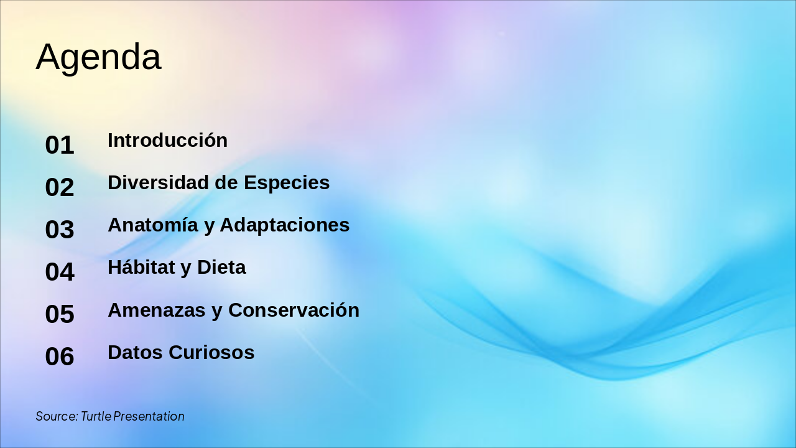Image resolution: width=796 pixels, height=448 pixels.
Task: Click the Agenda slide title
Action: [x=98, y=57]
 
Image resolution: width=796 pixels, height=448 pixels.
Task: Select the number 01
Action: [x=60, y=145]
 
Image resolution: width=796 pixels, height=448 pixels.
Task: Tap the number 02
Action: [x=60, y=187]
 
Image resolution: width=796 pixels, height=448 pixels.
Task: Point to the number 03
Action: [x=60, y=230]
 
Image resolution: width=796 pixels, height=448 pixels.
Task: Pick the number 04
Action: [x=60, y=272]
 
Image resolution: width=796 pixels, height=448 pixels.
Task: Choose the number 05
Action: [x=60, y=314]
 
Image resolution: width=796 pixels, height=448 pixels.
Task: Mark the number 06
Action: [x=60, y=357]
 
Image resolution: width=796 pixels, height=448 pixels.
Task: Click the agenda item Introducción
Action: [x=167, y=140]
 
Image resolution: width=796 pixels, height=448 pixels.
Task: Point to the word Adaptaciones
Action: [x=285, y=225]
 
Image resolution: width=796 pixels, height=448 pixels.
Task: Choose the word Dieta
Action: [x=221, y=267]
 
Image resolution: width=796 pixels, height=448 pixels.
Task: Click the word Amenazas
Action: [x=157, y=310]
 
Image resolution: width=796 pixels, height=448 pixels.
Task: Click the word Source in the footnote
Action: [x=56, y=416]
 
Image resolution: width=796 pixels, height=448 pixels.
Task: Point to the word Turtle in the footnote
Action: [x=96, y=416]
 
